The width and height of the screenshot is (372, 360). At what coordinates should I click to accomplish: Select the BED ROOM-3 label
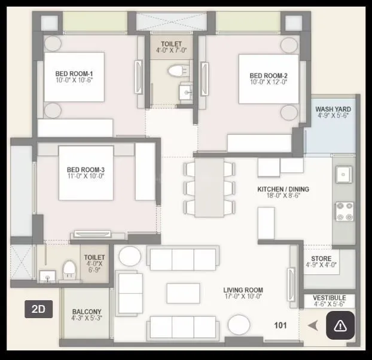[x=86, y=173]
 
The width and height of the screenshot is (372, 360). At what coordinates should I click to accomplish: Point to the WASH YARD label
[x=333, y=112]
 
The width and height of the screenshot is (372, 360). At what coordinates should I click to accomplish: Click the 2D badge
[x=39, y=309]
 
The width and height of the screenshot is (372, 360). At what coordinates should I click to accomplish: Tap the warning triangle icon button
[x=340, y=326]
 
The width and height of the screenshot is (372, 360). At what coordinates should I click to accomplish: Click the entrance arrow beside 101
[x=313, y=325]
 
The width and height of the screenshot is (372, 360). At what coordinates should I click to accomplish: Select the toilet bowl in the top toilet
[x=175, y=71]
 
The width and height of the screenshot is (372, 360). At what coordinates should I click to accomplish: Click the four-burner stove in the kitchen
[x=344, y=211]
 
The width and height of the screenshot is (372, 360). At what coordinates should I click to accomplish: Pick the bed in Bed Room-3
[x=86, y=173]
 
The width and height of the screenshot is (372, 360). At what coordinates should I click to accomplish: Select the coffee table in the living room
[x=183, y=292]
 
